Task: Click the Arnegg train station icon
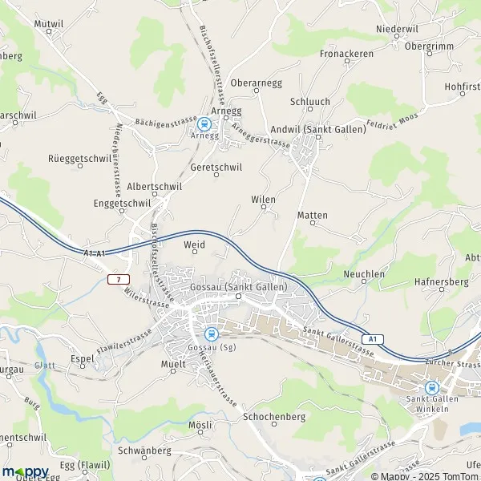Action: point(204,123)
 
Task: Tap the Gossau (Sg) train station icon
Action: point(211,334)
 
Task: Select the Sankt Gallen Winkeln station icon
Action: point(432,387)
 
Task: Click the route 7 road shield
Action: point(119,278)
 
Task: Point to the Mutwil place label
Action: point(48,24)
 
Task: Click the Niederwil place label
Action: point(397,29)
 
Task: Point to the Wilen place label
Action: point(263,200)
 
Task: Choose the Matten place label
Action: point(312,216)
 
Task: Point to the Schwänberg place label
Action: point(144,451)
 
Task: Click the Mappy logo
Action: point(26,471)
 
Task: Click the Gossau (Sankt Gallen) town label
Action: point(239,287)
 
